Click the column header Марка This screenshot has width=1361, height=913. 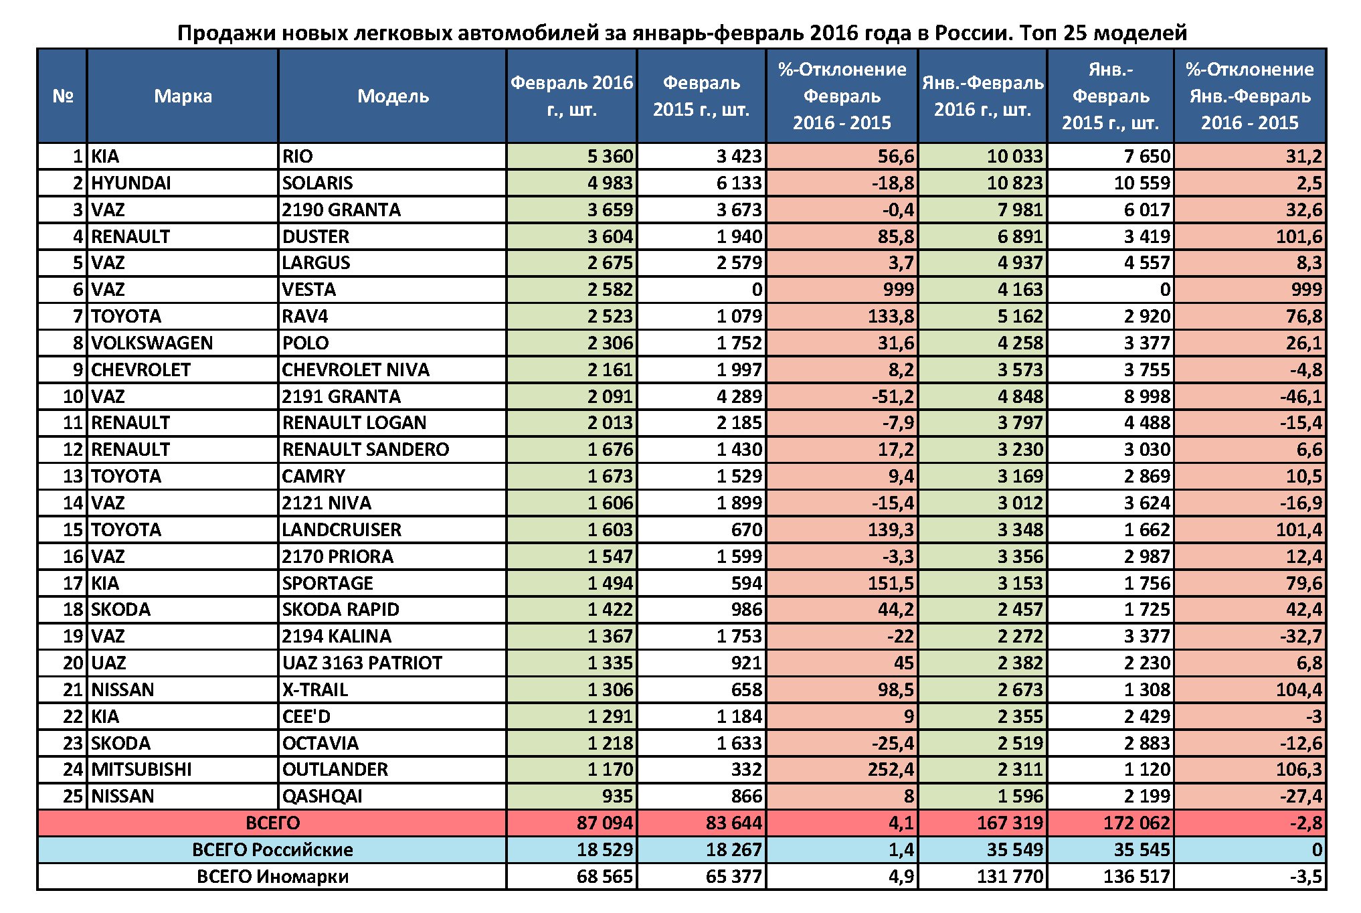point(183,96)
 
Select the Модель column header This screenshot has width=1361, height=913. point(393,96)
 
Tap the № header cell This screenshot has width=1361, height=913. point(62,96)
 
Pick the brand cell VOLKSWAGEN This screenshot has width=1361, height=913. point(152,343)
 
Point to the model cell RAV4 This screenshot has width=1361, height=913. point(305,316)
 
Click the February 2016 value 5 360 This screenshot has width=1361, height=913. point(610,157)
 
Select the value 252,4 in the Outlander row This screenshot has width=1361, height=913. point(891,770)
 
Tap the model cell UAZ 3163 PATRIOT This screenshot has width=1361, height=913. point(362,663)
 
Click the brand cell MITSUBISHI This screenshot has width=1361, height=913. point(141,770)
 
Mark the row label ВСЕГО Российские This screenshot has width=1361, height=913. point(272,850)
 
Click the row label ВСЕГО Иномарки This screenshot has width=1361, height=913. point(272,877)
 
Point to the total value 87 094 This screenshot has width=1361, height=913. point(604,823)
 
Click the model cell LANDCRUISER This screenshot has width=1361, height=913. point(341,529)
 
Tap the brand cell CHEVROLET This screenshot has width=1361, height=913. point(141,369)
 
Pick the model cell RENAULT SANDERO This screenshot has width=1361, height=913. point(365,449)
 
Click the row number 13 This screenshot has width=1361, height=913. point(72,476)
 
